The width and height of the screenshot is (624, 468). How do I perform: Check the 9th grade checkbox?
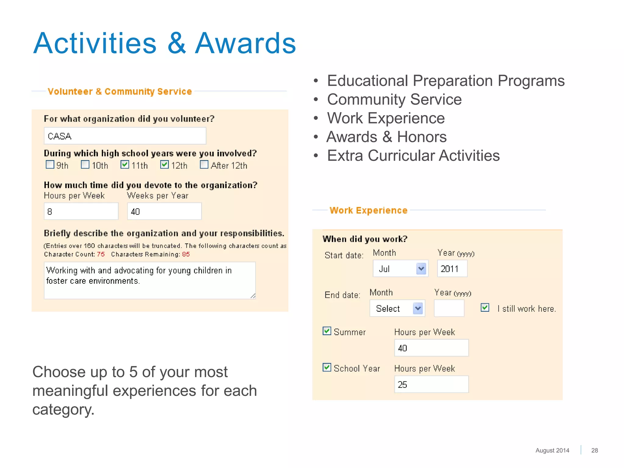coord(50,165)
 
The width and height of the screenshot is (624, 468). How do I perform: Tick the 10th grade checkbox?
coord(85,165)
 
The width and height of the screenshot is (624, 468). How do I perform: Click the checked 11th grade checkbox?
coord(125,165)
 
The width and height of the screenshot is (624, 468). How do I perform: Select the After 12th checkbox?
coord(204,165)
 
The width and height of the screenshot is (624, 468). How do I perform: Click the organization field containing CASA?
coord(125,136)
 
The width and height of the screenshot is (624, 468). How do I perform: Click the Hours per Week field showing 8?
coord(81,211)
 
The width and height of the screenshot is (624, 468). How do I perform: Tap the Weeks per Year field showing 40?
coord(164,211)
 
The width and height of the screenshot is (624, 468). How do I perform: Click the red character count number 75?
coord(101,254)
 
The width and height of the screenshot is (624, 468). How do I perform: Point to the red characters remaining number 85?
coord(186,254)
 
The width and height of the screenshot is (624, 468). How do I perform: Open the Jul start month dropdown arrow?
coord(421,269)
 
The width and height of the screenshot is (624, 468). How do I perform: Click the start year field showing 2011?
coord(452,269)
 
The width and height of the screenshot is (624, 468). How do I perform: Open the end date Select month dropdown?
coord(397,308)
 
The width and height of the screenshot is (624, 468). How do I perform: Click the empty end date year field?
coord(449,308)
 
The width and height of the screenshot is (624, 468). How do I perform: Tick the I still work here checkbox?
coord(485,307)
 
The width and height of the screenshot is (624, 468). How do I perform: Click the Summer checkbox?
coord(327,331)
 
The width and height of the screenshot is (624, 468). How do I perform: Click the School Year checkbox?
coord(327,367)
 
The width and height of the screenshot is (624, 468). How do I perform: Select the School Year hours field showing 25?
coord(431,385)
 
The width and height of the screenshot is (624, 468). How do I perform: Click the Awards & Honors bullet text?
coord(386,137)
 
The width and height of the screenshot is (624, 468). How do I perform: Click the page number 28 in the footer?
coord(594,450)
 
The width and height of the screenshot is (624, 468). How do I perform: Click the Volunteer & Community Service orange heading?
coord(120,91)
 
